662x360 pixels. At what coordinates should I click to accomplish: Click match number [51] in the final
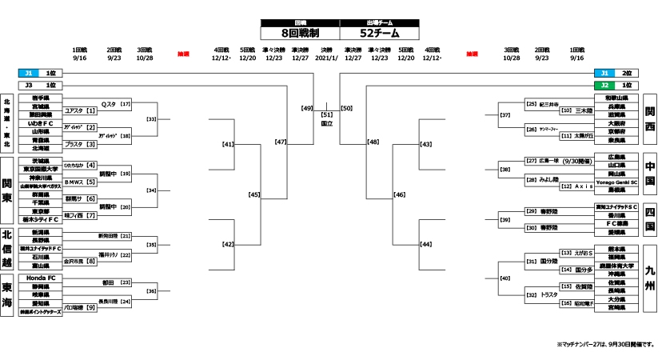point(327,115)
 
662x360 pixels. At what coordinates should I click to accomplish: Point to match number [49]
point(307,106)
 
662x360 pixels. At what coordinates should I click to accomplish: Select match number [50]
point(346,106)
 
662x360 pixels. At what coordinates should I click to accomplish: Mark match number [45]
point(254,194)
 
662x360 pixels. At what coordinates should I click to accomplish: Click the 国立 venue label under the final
point(327,124)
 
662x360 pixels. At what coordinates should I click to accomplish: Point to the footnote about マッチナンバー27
point(605,345)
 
